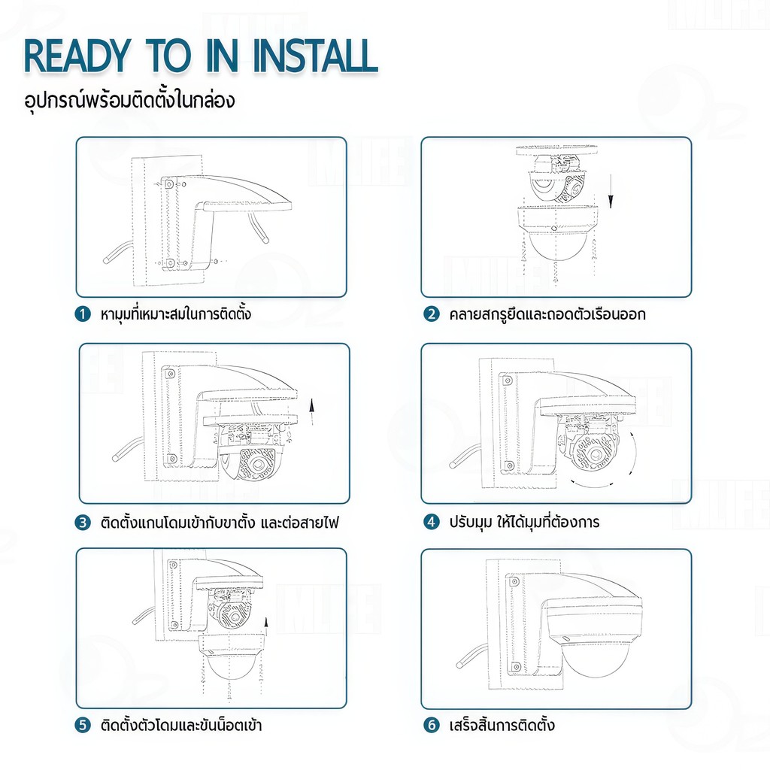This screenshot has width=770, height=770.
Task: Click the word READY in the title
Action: tap(77, 56)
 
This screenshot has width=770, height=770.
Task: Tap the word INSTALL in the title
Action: tap(315, 56)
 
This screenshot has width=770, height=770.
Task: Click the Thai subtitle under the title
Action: tap(129, 99)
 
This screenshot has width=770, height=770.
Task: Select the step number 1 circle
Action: tap(83, 314)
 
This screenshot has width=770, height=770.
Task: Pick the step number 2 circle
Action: tap(431, 314)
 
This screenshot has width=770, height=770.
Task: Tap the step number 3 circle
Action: tap(83, 523)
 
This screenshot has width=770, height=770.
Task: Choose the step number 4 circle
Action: tap(431, 522)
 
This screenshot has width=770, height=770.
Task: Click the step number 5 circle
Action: tap(83, 725)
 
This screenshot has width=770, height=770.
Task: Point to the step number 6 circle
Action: tap(431, 725)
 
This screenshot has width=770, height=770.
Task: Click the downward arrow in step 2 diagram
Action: tap(611, 192)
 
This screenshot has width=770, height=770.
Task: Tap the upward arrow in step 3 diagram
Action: tap(311, 412)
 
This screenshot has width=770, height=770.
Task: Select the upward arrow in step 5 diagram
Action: tap(265, 626)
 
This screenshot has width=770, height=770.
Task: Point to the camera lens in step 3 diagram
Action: tap(256, 463)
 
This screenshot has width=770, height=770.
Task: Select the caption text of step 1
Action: tap(175, 314)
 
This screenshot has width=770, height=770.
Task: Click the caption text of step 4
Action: tap(524, 521)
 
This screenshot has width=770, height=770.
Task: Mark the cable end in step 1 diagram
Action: tap(105, 259)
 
